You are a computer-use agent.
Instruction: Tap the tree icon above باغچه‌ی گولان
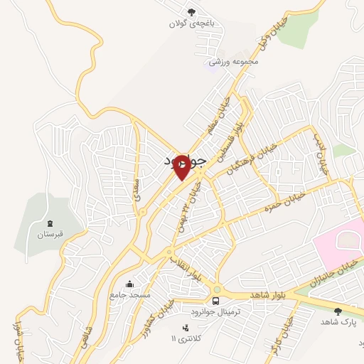[x=191, y=11]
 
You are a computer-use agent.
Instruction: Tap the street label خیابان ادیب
[x=322, y=155]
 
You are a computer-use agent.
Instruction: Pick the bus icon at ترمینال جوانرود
[x=215, y=301]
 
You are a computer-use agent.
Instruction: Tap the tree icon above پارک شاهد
[x=337, y=311]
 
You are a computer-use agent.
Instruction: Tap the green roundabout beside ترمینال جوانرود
[x=216, y=290]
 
